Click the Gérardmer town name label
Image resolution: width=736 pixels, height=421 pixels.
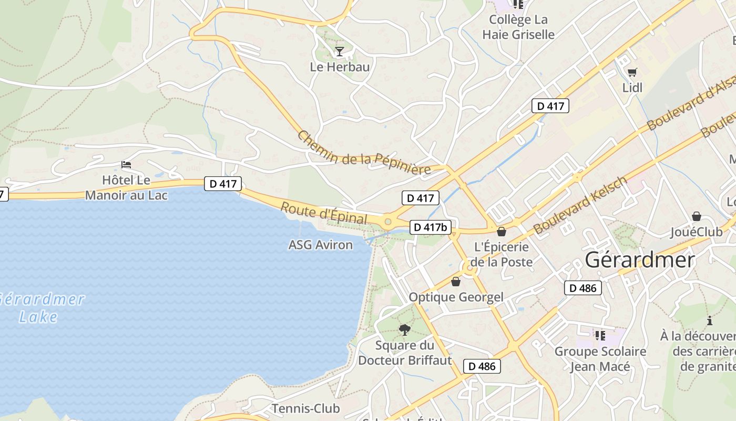point(639,260)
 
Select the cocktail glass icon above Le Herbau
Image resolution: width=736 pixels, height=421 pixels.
point(340,51)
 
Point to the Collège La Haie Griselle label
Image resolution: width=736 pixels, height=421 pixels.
point(518,27)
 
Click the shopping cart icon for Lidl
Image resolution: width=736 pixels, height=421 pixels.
point(632,72)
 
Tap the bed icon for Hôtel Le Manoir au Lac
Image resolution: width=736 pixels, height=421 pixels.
point(126,165)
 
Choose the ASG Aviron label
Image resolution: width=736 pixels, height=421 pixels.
point(321,245)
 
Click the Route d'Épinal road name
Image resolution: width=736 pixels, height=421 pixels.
point(323,213)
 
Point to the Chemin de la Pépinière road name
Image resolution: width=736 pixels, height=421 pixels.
point(364,153)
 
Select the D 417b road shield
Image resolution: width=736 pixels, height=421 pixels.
point(430,227)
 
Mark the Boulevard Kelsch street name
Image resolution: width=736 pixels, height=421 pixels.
point(580,205)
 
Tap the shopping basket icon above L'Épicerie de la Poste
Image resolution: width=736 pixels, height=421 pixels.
point(502,232)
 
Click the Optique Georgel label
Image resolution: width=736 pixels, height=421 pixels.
point(456,297)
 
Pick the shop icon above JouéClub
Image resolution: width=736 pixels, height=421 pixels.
point(697,216)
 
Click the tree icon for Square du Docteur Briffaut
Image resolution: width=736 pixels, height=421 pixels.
point(405,330)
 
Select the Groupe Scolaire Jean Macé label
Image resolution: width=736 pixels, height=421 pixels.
point(600,359)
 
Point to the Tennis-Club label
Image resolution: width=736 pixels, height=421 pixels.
point(305,408)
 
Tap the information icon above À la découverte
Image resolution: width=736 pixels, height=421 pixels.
point(710,320)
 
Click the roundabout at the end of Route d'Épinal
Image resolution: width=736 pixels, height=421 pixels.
point(389,222)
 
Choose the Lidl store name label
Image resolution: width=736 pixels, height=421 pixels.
point(632,87)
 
